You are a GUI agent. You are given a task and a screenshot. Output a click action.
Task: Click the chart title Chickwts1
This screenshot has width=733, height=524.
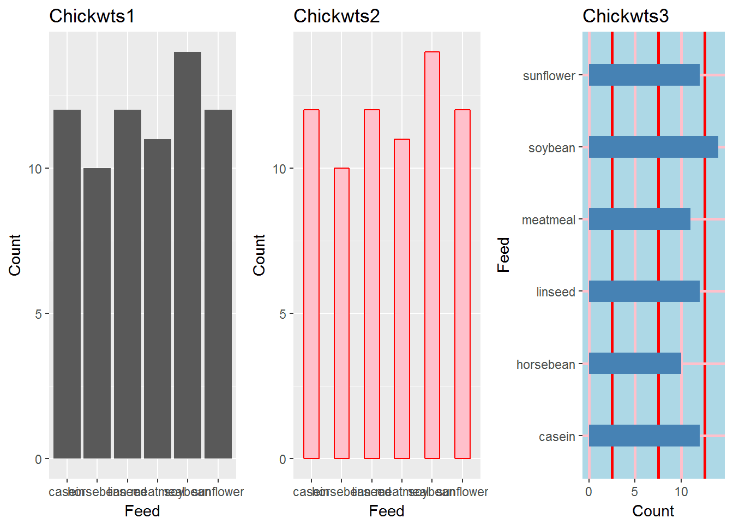point(92,16)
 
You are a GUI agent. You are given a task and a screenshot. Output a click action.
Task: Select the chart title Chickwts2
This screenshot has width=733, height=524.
point(336,16)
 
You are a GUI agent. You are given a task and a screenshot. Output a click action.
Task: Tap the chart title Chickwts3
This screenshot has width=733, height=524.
point(625,16)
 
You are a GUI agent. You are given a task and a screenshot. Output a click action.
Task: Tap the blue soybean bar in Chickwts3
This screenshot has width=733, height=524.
point(653,147)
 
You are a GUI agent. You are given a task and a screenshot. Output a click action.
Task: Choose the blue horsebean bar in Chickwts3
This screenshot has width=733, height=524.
point(635,364)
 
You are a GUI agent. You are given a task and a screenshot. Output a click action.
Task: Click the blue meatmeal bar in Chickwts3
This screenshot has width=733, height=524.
point(639,219)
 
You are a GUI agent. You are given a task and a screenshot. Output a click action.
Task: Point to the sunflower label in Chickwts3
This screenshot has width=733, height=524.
point(549,76)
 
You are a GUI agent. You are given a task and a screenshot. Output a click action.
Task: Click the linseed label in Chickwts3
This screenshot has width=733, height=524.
point(555,292)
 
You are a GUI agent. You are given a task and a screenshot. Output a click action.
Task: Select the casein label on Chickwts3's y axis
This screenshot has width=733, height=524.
point(557,437)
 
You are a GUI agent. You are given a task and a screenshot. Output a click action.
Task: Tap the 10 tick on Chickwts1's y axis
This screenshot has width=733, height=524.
point(35,169)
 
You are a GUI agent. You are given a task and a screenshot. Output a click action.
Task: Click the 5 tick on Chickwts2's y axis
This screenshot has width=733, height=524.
point(283,314)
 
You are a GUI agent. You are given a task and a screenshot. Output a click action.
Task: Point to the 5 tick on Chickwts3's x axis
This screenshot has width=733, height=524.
point(634,492)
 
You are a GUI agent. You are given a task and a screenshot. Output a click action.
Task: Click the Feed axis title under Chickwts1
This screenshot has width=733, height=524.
point(142,511)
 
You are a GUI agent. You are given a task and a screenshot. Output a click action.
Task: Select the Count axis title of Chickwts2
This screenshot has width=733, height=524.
point(259,255)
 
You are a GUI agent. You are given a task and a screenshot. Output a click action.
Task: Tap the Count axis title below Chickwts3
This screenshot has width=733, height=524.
point(653,511)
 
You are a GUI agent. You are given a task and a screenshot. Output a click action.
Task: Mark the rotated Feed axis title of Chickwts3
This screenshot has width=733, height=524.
point(503,255)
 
